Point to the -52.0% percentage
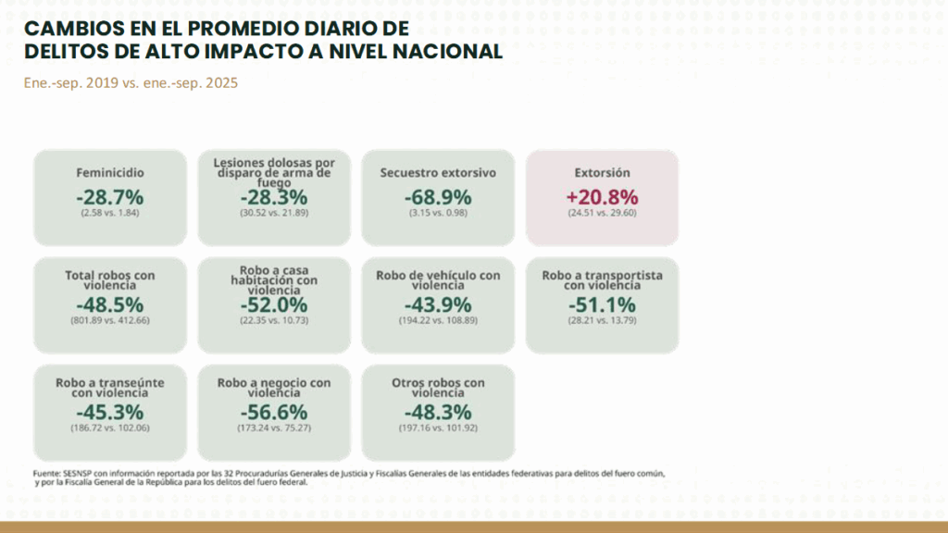coord(274,304)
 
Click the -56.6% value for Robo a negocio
coord(274,412)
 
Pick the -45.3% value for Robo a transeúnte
coord(110,412)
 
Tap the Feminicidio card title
coord(110,173)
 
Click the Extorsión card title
coord(602,173)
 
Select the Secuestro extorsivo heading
coord(438,173)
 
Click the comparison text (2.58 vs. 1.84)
coord(110,213)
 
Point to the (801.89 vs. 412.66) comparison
coord(110,320)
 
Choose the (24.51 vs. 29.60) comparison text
coord(602,213)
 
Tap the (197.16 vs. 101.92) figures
coord(438,428)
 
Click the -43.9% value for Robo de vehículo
coord(438,304)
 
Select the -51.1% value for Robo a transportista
coord(602,304)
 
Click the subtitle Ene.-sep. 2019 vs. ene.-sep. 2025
coord(131,82)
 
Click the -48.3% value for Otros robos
coord(438,412)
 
